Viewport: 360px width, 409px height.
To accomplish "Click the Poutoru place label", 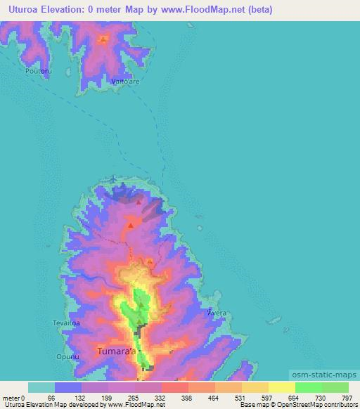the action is tap(38, 72).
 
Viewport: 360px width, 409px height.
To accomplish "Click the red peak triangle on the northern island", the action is tap(103, 38).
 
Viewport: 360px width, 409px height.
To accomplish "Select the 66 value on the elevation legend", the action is tap(50, 398).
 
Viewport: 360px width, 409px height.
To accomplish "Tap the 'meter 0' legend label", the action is tap(14, 398).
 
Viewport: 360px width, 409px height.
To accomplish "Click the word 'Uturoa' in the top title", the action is tap(21, 10).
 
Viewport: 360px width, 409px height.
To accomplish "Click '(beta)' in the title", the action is tap(259, 10).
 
